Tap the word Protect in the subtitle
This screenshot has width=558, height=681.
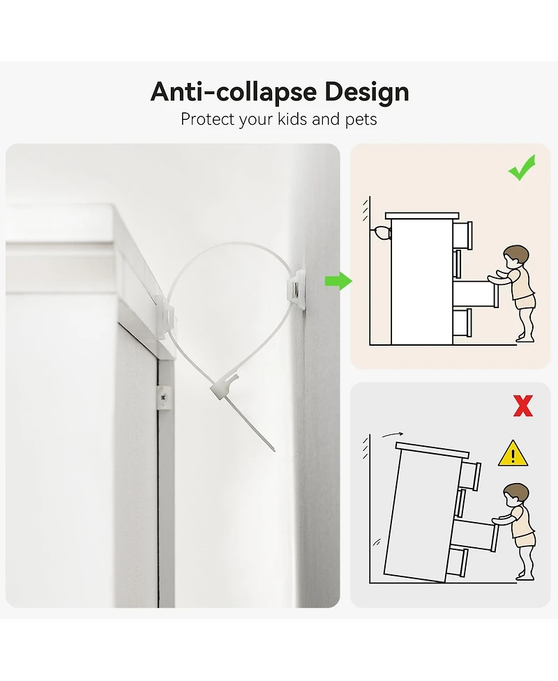coord(205,119)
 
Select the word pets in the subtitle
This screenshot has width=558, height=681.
coord(361,120)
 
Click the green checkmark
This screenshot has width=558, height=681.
coord(522,168)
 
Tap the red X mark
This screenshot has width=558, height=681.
coord(523,406)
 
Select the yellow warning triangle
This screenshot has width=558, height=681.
coord(513,454)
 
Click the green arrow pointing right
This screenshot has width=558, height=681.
coord(338,281)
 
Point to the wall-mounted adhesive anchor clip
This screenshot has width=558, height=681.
coord(295,289)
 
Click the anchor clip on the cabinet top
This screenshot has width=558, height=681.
coord(165,316)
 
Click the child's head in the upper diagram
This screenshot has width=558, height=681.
coord(516,257)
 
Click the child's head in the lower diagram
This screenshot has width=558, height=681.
coord(516,495)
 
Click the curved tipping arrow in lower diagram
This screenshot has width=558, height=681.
coord(393,434)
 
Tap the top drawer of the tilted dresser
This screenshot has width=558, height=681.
coord(470,475)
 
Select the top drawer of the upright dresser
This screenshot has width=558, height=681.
coord(462,235)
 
